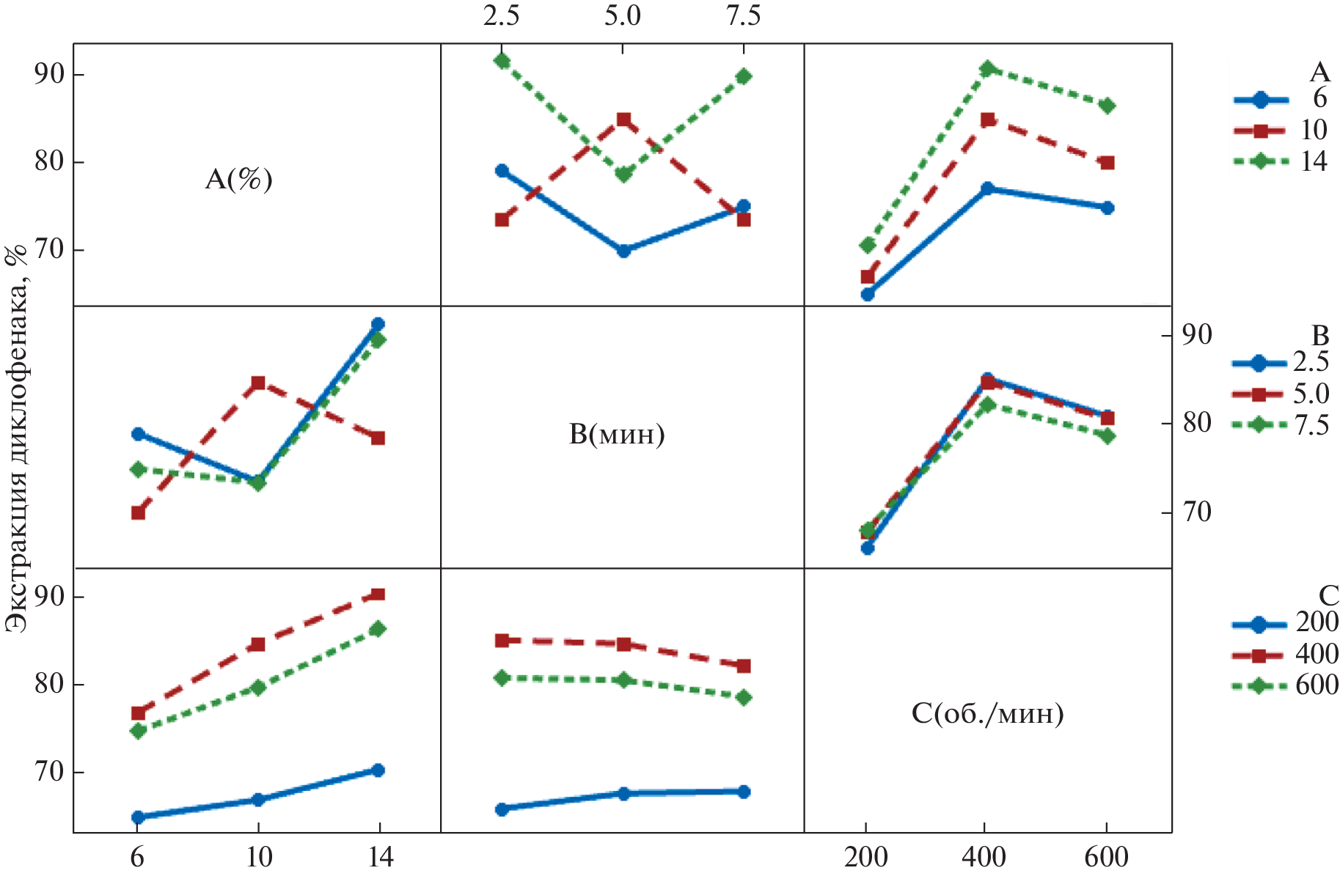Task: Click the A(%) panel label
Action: (x=238, y=179)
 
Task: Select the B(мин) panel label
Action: (x=616, y=435)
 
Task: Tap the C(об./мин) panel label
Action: (x=987, y=713)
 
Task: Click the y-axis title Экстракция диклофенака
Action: (x=16, y=437)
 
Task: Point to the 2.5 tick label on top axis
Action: (x=501, y=16)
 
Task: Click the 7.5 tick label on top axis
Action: (x=743, y=16)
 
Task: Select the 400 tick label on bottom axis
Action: (x=984, y=856)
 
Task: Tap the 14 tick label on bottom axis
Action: (x=379, y=856)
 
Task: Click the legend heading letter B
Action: (x=1319, y=336)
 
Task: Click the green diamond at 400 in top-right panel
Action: (x=987, y=69)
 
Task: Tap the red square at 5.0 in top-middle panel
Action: (x=623, y=119)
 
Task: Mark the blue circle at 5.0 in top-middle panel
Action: (x=623, y=251)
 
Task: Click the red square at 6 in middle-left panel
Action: (x=138, y=512)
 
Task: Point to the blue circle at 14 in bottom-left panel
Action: (x=378, y=770)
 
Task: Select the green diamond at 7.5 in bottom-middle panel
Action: (x=743, y=697)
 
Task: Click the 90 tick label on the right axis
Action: (x=1196, y=335)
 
